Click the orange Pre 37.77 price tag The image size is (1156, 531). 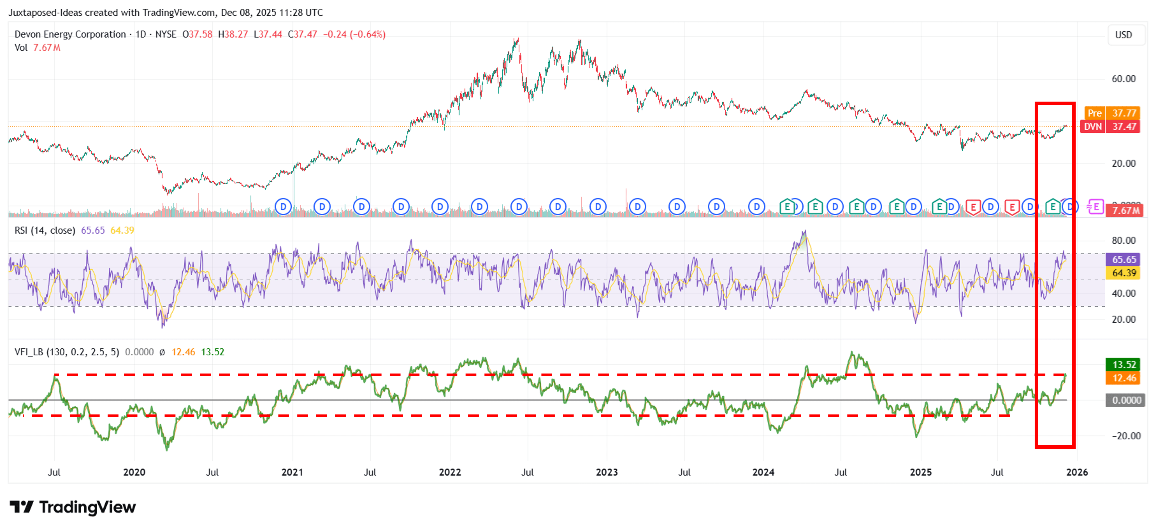coord(1112,113)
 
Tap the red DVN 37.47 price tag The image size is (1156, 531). coord(1111,127)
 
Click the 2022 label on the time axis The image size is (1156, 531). coord(450,472)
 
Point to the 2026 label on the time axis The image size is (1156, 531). coord(1077,472)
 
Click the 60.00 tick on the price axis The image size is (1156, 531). coord(1123,79)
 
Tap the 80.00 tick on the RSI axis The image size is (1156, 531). coord(1123,240)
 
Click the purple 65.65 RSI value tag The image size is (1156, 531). coord(1123,259)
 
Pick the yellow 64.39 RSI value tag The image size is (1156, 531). coord(1123,273)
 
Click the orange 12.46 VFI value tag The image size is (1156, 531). coord(1123,378)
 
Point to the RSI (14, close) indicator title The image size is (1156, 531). coord(45,230)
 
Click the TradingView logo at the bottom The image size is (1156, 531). coord(73,507)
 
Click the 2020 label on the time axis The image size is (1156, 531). coord(134,472)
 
